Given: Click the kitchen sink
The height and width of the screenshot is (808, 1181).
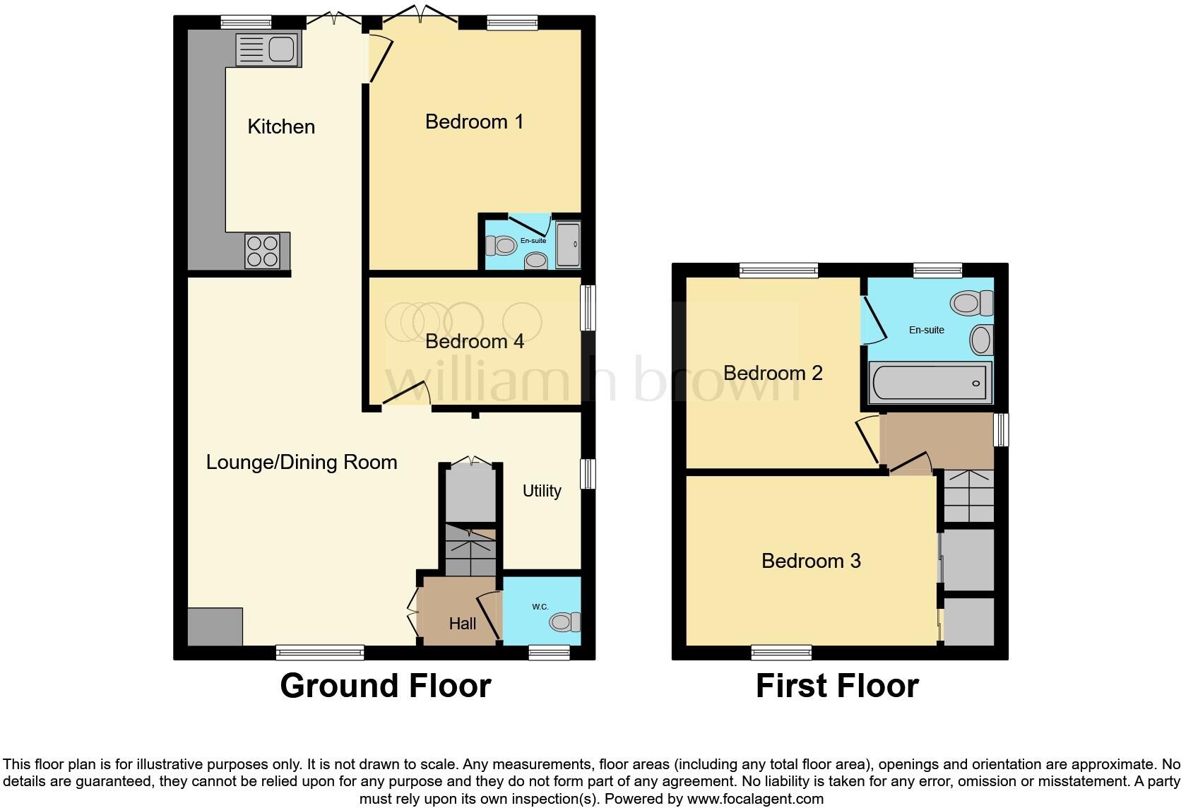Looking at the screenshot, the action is (269, 49).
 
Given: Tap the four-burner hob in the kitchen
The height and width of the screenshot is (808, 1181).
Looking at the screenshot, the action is (263, 251).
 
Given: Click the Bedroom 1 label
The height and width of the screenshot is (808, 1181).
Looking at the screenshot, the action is (474, 121).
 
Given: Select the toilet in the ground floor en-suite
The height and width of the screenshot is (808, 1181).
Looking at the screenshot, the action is (501, 245).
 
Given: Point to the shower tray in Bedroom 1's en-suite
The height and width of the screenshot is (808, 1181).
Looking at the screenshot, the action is (568, 244).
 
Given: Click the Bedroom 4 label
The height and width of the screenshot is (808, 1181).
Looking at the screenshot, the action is (475, 342).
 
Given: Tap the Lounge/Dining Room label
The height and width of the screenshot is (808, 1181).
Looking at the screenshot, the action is (302, 462).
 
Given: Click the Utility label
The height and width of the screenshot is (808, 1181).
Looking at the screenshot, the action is (542, 491).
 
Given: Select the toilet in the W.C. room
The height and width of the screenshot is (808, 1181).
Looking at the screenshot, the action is (564, 622).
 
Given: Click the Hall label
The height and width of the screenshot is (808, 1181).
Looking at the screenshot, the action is (463, 624).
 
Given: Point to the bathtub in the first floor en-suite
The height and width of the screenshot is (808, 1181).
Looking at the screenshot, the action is (930, 383).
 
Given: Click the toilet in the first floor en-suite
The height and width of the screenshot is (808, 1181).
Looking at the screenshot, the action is (972, 303).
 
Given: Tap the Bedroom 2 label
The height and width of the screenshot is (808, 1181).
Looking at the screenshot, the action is (773, 373).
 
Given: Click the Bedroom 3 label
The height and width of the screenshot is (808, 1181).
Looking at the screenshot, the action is (811, 561).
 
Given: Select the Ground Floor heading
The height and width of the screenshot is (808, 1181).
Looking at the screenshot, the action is (386, 686).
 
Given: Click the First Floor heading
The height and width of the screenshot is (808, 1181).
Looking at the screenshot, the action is (837, 686).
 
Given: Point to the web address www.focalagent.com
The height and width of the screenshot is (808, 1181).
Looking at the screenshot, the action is (755, 799).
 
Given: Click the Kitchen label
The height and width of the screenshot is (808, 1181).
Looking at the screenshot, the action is (281, 126).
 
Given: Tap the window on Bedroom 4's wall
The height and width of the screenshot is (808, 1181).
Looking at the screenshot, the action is (588, 309).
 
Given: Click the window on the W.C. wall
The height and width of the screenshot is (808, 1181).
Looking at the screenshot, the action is (550, 653).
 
